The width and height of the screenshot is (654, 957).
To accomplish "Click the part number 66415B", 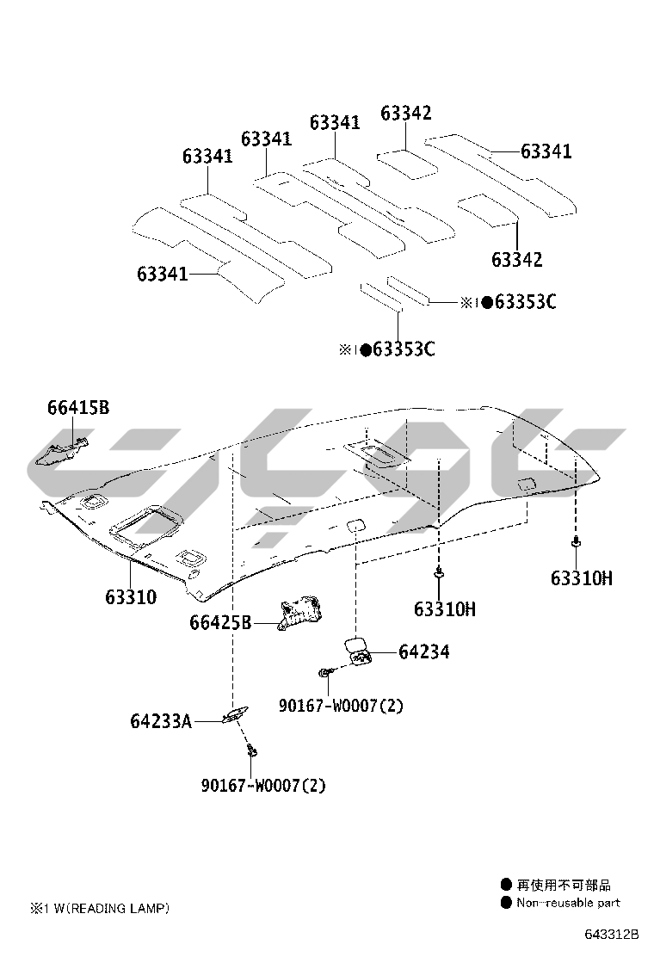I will click(x=78, y=408).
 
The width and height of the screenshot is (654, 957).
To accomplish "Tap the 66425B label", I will click(x=220, y=621).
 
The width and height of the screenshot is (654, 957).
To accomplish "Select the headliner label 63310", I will click(x=131, y=596).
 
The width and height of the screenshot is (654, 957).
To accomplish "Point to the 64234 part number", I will click(x=423, y=652).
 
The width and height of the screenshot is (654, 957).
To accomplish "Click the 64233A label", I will click(x=161, y=721).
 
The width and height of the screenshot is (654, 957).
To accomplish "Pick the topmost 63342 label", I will click(x=406, y=114).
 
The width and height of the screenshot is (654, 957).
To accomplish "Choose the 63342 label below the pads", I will click(x=517, y=259).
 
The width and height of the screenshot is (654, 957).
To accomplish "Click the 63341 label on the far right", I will click(x=546, y=151).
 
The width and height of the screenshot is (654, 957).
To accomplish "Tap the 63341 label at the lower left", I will click(x=162, y=274).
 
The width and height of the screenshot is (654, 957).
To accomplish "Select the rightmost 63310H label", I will click(x=582, y=578).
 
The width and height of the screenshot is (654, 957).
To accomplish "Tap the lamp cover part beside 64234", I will click(x=356, y=650).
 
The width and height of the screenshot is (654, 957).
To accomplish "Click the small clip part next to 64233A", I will click(x=233, y=715).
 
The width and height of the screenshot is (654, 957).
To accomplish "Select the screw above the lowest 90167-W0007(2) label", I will click(x=252, y=751).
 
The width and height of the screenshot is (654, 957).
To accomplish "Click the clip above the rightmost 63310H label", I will click(x=574, y=542).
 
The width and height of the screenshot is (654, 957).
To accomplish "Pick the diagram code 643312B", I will click(x=613, y=934).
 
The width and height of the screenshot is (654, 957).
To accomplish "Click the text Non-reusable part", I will click(x=567, y=903).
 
